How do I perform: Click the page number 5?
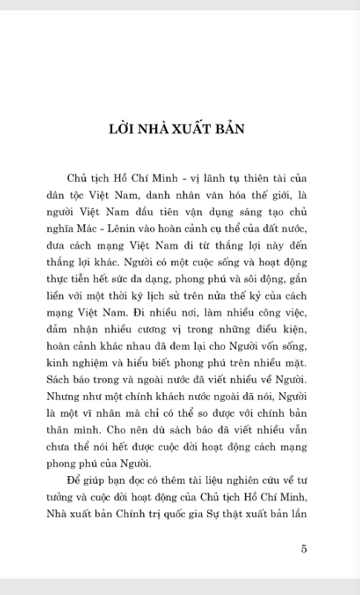[x=304, y=549]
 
